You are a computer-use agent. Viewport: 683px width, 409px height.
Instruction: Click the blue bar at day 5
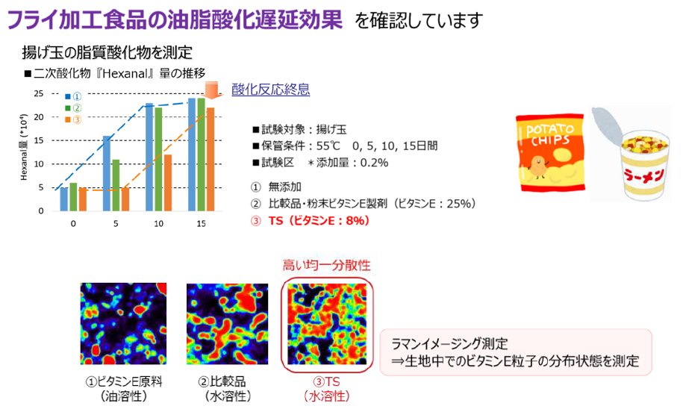(107, 173)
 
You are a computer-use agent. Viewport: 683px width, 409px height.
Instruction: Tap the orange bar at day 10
(168, 183)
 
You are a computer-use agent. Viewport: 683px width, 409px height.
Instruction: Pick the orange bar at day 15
(210, 160)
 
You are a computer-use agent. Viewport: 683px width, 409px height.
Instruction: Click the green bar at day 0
(73, 197)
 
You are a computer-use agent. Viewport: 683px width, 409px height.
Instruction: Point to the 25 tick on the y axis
(39, 93)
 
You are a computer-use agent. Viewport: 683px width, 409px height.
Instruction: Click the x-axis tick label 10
(158, 223)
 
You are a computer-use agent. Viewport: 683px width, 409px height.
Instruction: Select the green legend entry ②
(73, 108)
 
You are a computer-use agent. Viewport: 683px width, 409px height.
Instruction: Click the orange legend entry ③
(73, 119)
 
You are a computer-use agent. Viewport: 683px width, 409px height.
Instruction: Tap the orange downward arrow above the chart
(211, 90)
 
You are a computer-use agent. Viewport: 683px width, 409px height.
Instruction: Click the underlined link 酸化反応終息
(270, 90)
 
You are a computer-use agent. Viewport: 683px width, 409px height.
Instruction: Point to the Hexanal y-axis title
(24, 147)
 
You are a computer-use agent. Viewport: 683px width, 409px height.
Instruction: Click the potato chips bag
(550, 152)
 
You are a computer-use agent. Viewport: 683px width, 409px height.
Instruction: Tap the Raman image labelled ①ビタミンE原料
(123, 324)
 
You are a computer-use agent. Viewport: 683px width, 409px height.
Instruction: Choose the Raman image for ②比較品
(228, 324)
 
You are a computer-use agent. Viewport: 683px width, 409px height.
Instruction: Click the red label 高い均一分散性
(327, 265)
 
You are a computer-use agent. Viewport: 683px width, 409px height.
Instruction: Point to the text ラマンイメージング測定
(449, 343)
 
